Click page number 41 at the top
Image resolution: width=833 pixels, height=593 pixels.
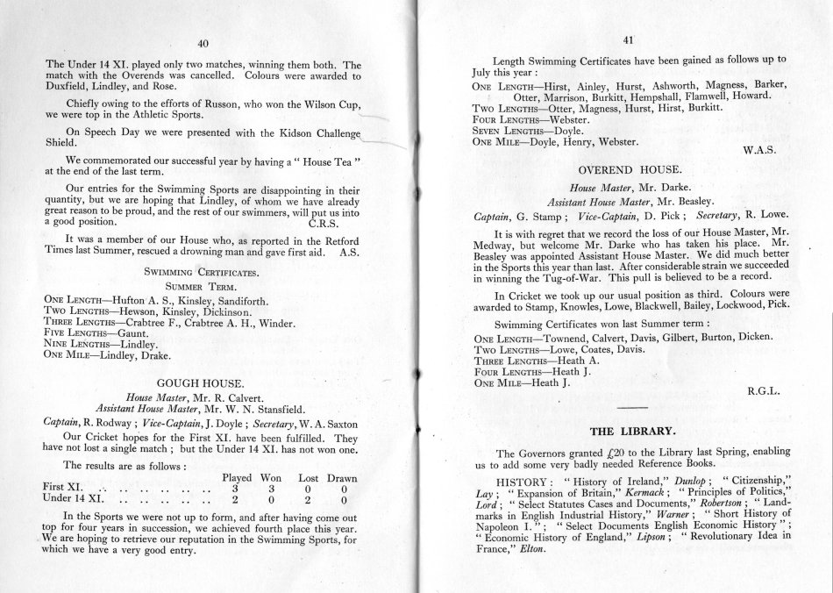tap(628, 38)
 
